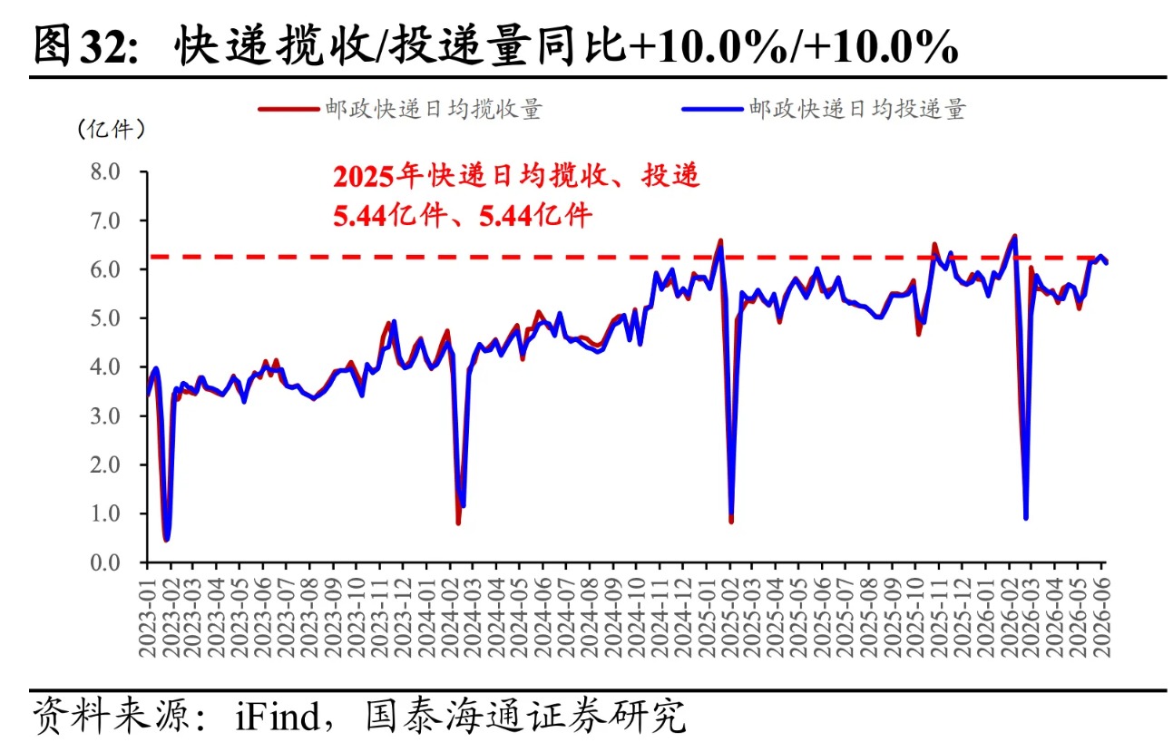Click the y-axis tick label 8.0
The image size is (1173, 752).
(105, 171)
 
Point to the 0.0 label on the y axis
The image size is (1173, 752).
(105, 563)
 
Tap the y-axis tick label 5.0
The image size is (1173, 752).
(105, 318)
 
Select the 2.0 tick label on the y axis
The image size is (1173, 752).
(105, 465)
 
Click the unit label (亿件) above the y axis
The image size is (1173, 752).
(111, 129)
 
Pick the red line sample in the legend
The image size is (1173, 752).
(288, 110)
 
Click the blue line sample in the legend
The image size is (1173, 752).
(712, 110)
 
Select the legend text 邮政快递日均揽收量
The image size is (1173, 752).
(434, 110)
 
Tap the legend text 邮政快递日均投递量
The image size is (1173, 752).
(857, 110)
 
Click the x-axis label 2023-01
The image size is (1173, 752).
(148, 618)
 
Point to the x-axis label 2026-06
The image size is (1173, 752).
(1101, 618)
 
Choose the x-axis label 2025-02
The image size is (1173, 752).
(730, 618)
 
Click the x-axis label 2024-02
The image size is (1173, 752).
(451, 618)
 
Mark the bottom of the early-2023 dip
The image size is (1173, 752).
(167, 540)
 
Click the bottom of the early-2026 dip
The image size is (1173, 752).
(1026, 518)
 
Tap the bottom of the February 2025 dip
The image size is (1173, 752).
(731, 521)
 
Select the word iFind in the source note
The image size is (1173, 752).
(278, 716)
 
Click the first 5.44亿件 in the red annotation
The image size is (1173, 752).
(389, 215)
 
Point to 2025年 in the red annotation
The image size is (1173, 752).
(378, 176)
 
